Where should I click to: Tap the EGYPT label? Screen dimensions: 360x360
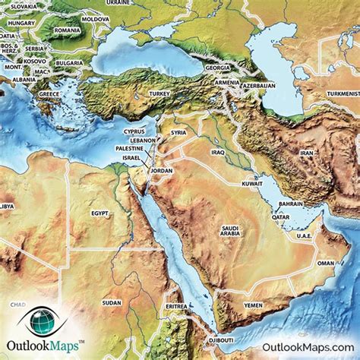pos(101,215)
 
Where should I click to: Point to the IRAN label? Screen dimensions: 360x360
pos(307,153)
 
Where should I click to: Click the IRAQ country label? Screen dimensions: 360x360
pos(219,152)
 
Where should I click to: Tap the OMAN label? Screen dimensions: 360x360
pos(325,263)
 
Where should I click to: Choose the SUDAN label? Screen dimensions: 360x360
pos(112,302)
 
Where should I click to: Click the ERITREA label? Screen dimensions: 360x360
pos(176,306)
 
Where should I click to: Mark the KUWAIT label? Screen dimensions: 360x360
pos(252,184)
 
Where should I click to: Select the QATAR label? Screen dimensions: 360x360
pos(281,216)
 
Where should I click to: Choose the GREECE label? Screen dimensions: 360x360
pos(49,93)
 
